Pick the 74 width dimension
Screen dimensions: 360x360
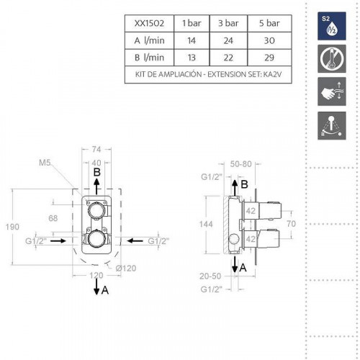(96, 149)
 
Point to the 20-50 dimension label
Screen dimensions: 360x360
(210, 276)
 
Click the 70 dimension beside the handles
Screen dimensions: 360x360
(291, 225)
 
